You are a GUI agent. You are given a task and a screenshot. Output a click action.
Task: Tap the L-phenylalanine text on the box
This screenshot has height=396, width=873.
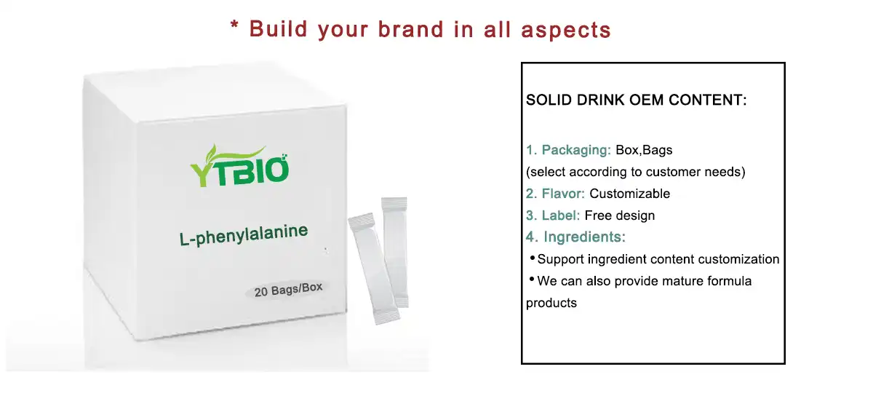(x=244, y=234)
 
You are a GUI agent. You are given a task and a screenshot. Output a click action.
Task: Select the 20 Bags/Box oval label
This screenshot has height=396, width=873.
(x=288, y=290)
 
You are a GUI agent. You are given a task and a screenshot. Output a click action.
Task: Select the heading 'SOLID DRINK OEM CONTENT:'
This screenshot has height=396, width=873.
(x=636, y=100)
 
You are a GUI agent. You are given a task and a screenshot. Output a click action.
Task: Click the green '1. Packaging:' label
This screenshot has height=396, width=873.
(x=568, y=151)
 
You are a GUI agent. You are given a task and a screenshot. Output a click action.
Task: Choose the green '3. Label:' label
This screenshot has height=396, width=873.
(x=553, y=215)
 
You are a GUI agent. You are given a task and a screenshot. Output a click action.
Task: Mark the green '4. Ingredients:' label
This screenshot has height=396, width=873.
(x=575, y=237)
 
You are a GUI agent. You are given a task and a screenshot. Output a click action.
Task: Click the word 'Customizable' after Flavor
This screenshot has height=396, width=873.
(x=629, y=194)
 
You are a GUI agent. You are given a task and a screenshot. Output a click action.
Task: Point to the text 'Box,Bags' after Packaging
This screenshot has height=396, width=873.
(x=644, y=151)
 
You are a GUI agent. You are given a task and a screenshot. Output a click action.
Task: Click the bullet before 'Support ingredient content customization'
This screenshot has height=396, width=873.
(x=532, y=258)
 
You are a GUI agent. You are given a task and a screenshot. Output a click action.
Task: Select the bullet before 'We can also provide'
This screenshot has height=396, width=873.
(x=532, y=280)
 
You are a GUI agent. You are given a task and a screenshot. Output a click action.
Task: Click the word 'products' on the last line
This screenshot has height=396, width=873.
(x=551, y=303)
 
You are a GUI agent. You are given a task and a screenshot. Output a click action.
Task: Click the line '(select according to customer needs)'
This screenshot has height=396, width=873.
(x=636, y=173)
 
